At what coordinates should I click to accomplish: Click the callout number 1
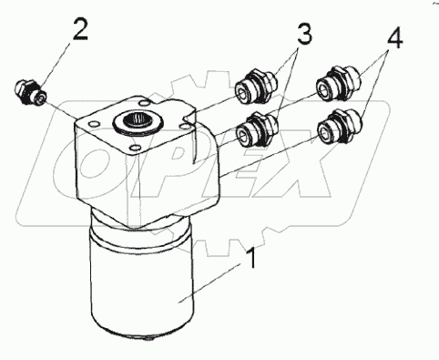[x=252, y=258]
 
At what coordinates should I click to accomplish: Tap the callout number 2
[x=80, y=29]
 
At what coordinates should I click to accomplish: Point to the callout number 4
[x=394, y=37]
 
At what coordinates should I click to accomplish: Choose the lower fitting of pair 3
[x=258, y=129]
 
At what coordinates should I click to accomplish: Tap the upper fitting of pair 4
[x=338, y=83]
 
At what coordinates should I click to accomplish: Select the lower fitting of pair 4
[x=340, y=127]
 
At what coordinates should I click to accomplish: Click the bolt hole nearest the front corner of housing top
[x=134, y=149]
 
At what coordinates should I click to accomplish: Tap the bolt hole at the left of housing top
[x=94, y=124]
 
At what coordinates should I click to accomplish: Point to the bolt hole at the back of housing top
[x=143, y=103]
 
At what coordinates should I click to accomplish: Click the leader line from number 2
[x=56, y=63]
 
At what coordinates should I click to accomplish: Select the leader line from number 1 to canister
[x=209, y=283]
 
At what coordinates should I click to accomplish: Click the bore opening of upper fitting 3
[x=243, y=92]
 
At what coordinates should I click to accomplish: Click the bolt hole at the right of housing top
[x=182, y=125]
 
